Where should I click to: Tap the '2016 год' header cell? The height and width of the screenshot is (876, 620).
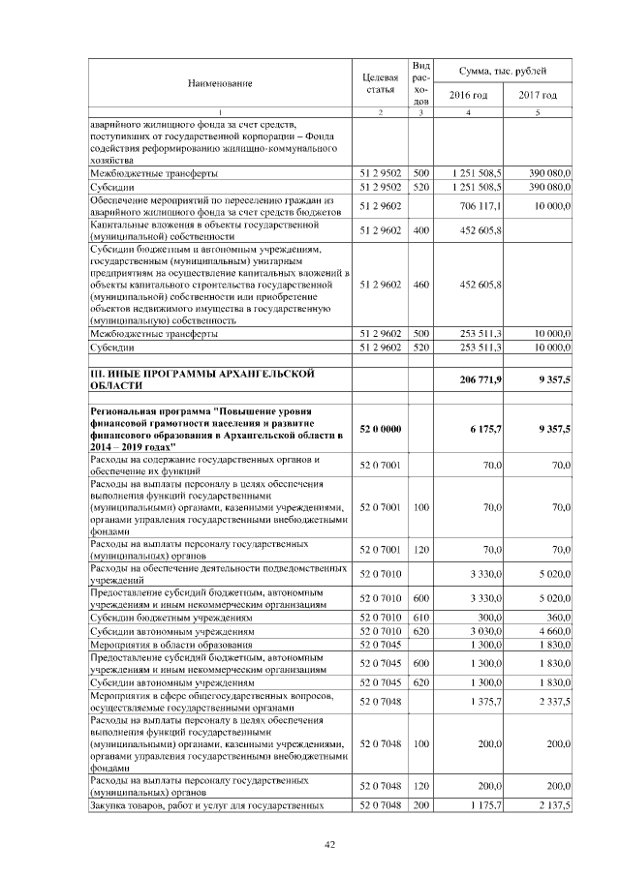coord(468,95)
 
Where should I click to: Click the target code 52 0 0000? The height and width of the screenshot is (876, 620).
coord(379,429)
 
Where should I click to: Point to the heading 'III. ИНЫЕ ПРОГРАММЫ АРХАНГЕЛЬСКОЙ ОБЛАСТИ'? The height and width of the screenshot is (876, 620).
coord(213,378)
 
